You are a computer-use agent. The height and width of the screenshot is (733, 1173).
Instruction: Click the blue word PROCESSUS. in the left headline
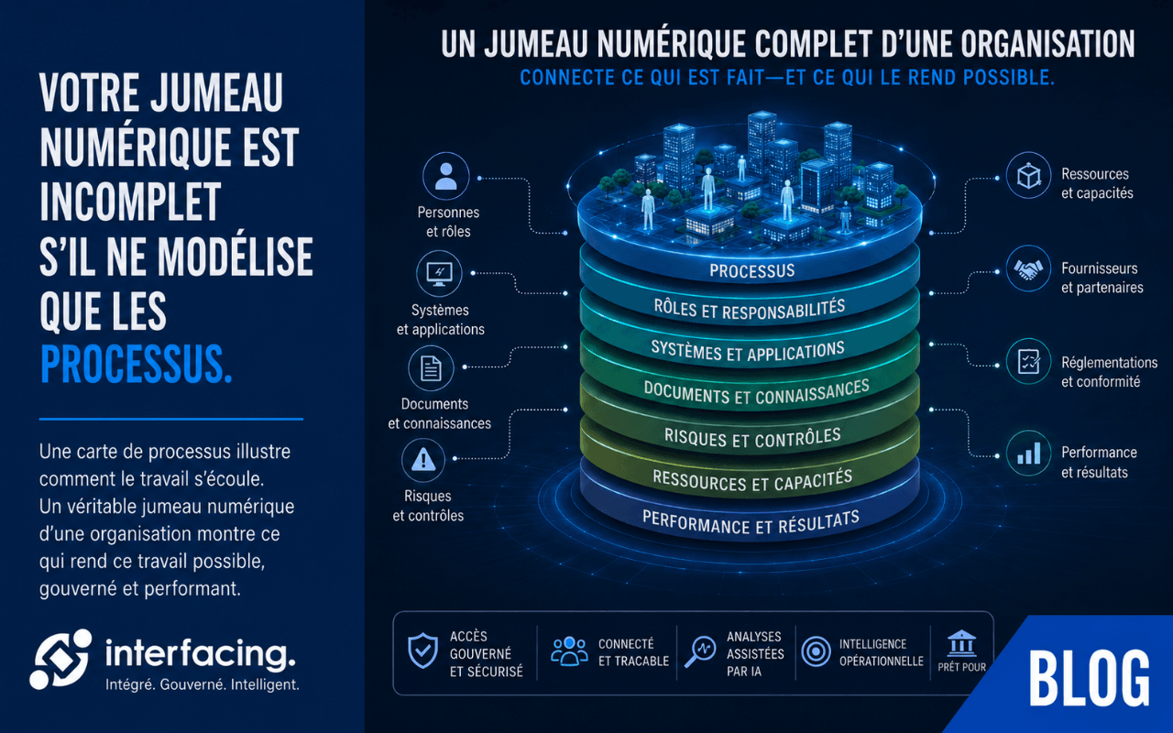coord(137,365)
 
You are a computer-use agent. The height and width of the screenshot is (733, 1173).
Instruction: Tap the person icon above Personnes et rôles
coord(445,176)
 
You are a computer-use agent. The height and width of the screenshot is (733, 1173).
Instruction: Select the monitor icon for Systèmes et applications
coord(439,273)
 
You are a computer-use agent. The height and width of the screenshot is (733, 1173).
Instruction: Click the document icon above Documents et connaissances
coord(431,368)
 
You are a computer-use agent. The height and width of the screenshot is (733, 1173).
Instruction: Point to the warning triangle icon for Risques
coord(423,460)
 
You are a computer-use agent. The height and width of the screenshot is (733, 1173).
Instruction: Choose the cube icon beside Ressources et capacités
coord(1028,175)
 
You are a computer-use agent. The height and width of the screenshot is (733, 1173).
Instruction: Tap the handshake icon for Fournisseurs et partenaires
coord(1028,268)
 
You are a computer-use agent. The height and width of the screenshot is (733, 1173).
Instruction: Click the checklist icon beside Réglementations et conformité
coord(1028,362)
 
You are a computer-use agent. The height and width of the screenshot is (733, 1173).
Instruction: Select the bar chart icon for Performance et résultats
coord(1028,454)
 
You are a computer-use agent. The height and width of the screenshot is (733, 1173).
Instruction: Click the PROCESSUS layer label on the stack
coord(752,270)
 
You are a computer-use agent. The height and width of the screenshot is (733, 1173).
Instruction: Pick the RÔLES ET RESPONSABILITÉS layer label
coord(750,309)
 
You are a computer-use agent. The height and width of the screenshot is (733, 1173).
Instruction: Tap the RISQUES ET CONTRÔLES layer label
coord(752,438)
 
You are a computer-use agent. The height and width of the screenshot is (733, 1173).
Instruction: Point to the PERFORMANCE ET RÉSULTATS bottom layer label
coord(751,522)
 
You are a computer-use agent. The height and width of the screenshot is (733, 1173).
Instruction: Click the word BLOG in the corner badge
coord(1090,678)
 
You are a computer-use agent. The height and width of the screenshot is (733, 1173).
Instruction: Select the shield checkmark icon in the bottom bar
coord(422,651)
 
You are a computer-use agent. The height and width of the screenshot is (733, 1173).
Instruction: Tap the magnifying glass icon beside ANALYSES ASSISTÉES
coord(699,651)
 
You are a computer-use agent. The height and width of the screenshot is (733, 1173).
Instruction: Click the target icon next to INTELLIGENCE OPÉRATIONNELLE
coord(816,651)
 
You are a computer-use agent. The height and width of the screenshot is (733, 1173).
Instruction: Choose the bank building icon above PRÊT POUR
coord(962,643)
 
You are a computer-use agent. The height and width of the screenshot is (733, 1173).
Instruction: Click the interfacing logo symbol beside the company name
coord(60,659)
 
